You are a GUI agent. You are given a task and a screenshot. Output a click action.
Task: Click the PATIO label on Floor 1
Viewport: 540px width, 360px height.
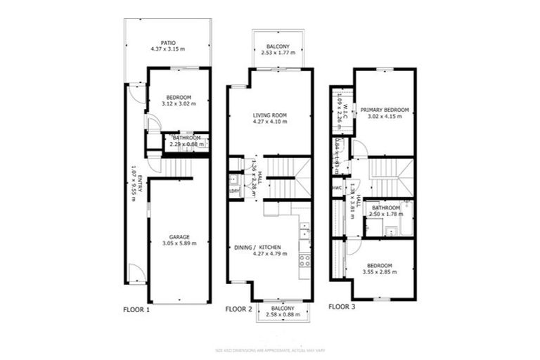click(167, 41)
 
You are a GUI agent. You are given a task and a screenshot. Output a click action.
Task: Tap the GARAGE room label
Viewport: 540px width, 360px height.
click(179, 237)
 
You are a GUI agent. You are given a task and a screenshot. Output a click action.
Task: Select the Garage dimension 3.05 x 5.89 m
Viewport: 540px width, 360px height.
click(179, 243)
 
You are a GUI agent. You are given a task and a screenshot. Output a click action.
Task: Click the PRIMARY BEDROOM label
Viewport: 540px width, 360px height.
click(385, 110)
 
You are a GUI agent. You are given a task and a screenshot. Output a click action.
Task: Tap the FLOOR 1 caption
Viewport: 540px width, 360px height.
click(136, 309)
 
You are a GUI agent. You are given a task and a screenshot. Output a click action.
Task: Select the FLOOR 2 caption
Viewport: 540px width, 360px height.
click(238, 309)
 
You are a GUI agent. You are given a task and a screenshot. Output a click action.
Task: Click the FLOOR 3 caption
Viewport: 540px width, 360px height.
click(342, 307)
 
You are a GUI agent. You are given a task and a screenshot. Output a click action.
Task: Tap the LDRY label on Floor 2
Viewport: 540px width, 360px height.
click(233, 190)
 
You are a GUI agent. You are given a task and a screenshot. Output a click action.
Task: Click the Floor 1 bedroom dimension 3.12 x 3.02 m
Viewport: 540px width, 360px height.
click(179, 103)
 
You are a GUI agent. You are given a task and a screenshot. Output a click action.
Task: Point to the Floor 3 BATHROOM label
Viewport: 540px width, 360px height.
click(386, 208)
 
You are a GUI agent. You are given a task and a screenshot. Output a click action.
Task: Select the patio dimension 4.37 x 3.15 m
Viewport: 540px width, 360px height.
click(167, 49)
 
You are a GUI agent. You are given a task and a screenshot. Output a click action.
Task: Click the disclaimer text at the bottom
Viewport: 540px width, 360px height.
click(270, 349)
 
